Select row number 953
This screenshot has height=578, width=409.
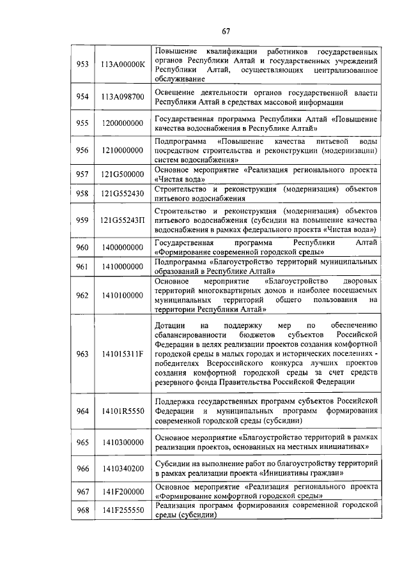click(82, 65)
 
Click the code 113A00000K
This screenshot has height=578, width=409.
click(123, 65)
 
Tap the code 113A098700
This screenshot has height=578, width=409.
click(123, 96)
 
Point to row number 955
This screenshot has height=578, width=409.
click(82, 123)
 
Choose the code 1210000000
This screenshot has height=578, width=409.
click(123, 150)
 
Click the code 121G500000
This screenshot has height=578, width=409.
click(123, 174)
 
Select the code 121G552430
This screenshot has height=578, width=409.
click(123, 194)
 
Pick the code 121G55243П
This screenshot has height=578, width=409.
click(123, 220)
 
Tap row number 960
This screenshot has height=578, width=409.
click(82, 247)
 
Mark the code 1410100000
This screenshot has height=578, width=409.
click(123, 296)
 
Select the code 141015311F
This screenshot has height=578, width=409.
click(123, 354)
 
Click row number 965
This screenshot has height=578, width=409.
click(82, 442)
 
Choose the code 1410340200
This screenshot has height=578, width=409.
click(123, 468)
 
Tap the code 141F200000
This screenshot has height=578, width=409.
click(123, 491)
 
